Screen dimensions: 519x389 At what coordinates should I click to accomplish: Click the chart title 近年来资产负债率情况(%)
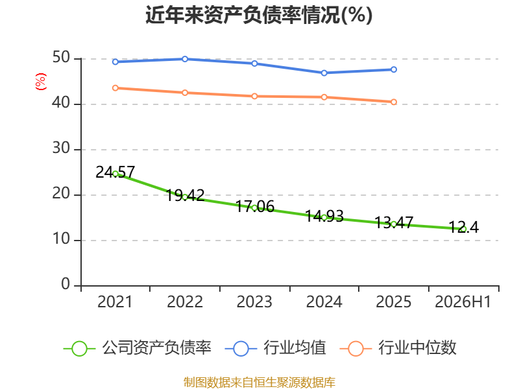point(259,15)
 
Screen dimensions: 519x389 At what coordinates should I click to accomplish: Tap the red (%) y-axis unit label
point(41,82)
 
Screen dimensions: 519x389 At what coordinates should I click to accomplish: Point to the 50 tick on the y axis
point(61,58)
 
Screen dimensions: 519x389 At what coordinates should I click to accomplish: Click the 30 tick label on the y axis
point(61,148)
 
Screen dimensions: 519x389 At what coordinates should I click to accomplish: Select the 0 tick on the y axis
point(66,284)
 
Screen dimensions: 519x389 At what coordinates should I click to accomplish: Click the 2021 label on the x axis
point(115,301)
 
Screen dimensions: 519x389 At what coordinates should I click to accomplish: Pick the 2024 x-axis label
point(324,301)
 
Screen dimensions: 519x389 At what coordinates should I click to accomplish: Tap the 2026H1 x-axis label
point(463,301)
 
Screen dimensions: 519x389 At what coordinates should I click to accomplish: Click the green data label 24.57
point(115,172)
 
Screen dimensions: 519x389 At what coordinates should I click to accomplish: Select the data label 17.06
point(255,206)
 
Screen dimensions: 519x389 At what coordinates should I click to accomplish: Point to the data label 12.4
point(464,228)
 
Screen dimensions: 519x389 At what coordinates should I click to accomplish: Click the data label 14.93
point(324,216)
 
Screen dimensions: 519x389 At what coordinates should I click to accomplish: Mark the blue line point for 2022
point(185,59)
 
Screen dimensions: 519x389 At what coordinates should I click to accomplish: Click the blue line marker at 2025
point(394,69)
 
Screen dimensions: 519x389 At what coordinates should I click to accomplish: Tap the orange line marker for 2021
point(115,88)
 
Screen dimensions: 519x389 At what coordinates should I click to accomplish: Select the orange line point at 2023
point(254,96)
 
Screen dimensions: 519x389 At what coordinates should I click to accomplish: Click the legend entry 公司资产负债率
point(137,348)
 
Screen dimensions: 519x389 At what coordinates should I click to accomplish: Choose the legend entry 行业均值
point(275,348)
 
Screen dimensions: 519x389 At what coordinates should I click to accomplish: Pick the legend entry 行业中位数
point(398,348)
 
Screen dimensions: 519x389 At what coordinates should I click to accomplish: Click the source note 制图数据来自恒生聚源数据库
point(259,383)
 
